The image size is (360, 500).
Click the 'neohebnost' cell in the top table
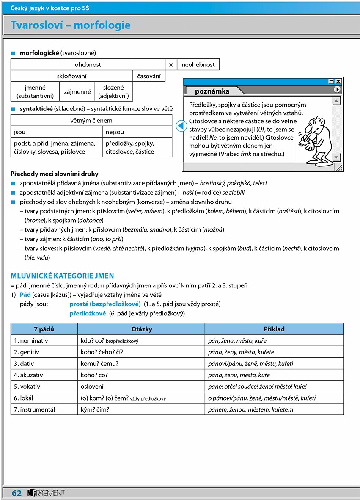[x=198, y=65]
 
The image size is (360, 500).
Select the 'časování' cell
[x=149, y=76]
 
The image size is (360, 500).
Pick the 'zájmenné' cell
[x=77, y=91]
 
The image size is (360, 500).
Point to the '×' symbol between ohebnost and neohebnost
[x=171, y=65]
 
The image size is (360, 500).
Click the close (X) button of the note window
[x=338, y=81]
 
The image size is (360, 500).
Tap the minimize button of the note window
[x=331, y=81]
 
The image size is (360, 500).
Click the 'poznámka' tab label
[x=212, y=91]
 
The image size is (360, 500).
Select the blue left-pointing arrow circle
[x=181, y=126]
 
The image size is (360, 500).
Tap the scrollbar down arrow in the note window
[x=337, y=157]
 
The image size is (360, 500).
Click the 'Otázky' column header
[x=141, y=329]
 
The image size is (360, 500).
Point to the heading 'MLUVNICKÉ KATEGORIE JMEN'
[x=62, y=276]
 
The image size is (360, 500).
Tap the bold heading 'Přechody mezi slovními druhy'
[x=55, y=174]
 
